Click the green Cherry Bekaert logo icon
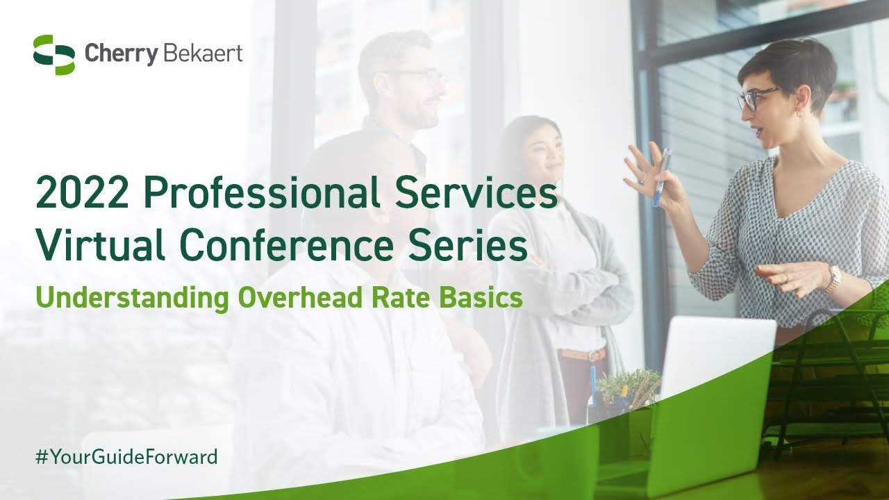53,55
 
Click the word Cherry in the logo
122,55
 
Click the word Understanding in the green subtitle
133,298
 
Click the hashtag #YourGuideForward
126,457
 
